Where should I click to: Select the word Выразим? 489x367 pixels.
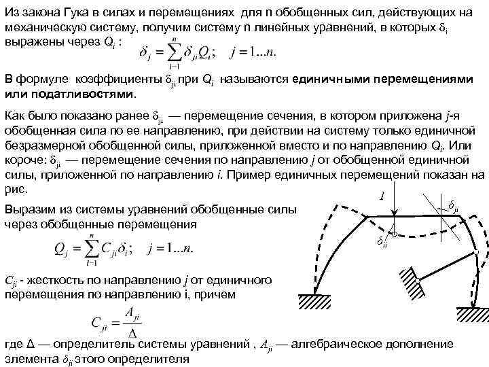click(x=30, y=210)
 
